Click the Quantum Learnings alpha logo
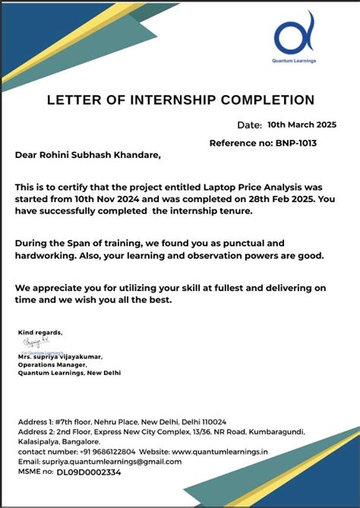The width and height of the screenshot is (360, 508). click(x=294, y=37)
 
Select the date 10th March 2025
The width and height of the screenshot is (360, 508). click(x=302, y=124)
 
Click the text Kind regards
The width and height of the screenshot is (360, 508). click(x=40, y=333)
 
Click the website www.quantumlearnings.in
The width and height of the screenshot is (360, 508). click(x=225, y=451)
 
